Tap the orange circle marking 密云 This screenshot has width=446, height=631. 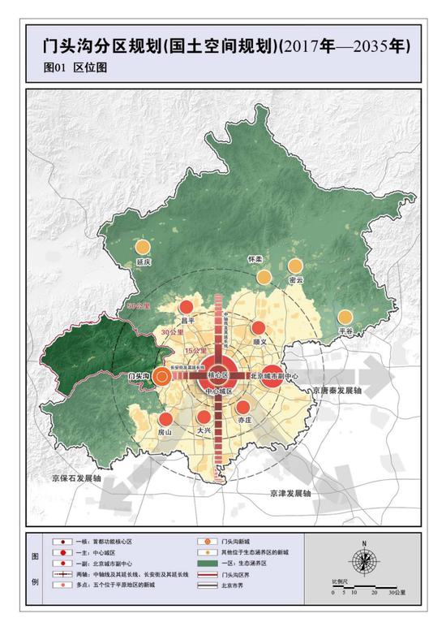[295, 266]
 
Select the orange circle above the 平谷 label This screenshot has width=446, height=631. [346, 318]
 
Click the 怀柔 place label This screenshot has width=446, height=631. [255, 260]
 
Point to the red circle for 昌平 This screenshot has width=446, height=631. [187, 307]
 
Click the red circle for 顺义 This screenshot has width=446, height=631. [259, 328]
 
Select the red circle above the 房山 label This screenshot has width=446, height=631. [165, 419]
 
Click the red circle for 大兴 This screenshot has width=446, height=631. [204, 418]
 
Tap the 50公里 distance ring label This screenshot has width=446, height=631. [139, 306]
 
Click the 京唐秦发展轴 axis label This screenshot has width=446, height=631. [337, 391]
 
